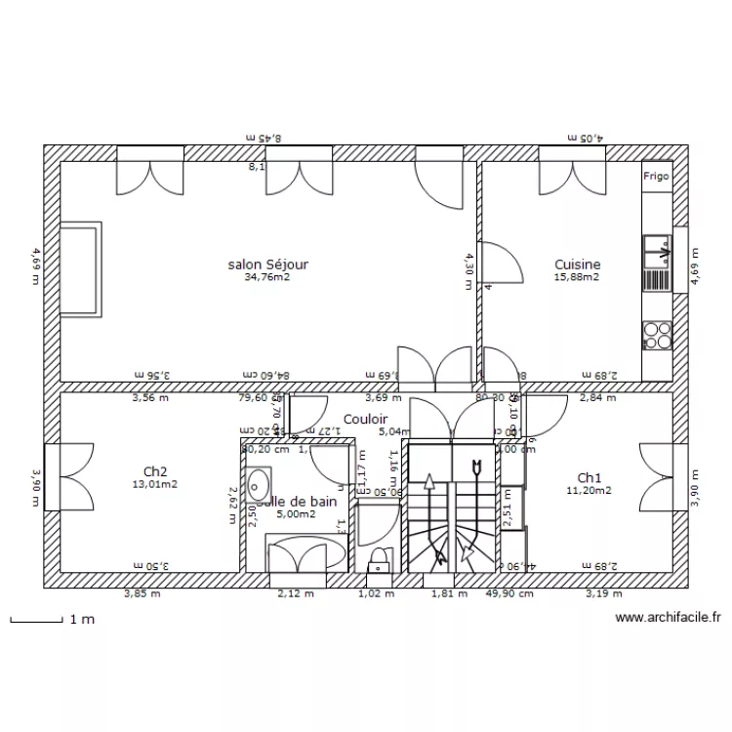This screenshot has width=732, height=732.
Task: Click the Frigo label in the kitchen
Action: tap(656, 177)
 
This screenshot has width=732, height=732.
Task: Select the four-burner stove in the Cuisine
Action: tap(656, 335)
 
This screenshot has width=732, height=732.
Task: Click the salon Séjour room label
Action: tap(268, 264)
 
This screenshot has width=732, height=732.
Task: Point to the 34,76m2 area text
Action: tap(267, 277)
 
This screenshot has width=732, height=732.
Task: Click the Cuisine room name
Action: tap(577, 264)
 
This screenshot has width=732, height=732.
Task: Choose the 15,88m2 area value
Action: tap(577, 277)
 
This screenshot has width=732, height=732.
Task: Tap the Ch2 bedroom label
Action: tap(156, 470)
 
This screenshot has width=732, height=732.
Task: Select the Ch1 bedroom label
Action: tap(589, 477)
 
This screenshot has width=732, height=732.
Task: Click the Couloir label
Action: tap(365, 419)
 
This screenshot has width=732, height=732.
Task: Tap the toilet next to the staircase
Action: tap(378, 559)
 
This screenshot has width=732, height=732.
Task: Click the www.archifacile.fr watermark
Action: tap(668, 618)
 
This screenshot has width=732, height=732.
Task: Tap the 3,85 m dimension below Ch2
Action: tap(141, 592)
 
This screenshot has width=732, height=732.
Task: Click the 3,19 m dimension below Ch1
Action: tap(602, 592)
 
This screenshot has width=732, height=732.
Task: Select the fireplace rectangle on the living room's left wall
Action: tap(80, 269)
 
